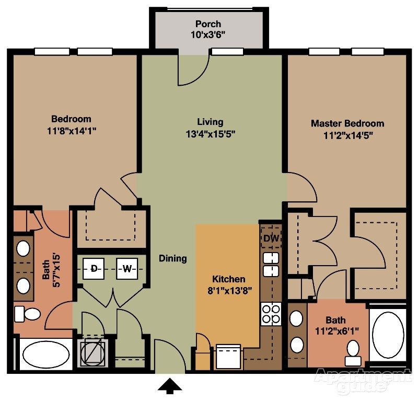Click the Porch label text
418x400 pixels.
tap(208, 24)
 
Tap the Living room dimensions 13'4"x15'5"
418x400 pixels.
tap(210, 134)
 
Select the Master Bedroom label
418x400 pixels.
tap(347, 124)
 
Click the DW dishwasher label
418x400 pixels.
tap(270, 238)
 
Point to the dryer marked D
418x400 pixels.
tap(94, 269)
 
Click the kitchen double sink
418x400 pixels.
tap(270, 264)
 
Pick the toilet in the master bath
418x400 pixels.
tap(354, 352)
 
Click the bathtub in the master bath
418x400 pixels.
tap(388, 335)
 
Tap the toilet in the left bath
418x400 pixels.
tap(28, 314)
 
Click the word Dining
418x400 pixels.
tap(173, 258)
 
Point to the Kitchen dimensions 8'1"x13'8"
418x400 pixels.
tap(228, 291)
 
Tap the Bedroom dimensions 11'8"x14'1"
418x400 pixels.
tap(71, 130)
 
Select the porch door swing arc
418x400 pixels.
tap(191, 71)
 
